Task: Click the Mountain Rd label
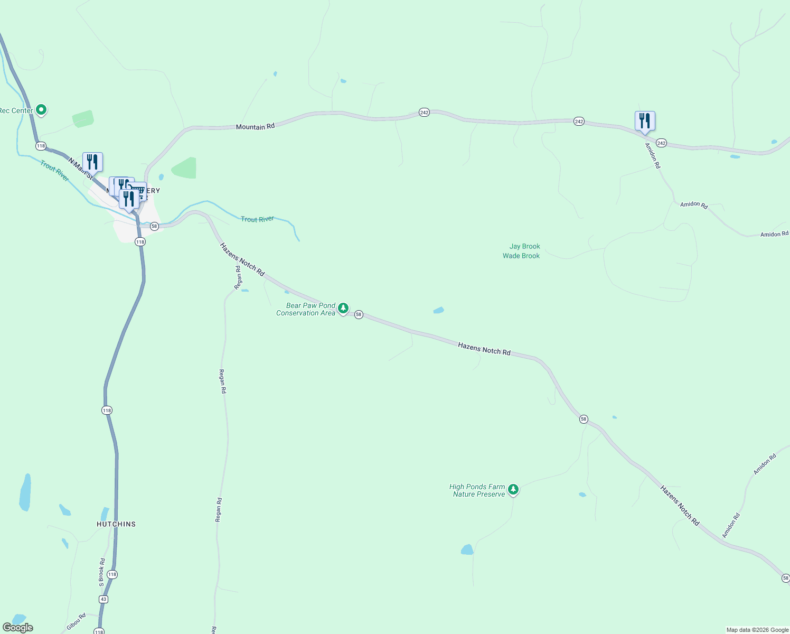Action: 255,127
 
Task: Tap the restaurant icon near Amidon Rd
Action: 644,121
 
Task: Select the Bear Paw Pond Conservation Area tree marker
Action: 343,308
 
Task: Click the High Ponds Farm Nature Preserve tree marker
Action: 513,490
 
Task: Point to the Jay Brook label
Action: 524,246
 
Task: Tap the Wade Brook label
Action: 521,256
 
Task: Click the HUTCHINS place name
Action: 116,524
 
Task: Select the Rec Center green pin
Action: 41,110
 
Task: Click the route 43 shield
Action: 104,599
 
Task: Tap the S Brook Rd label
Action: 102,572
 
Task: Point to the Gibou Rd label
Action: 76,622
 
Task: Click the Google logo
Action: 18,628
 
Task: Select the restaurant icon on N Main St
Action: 92,162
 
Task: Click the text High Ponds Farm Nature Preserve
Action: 478,490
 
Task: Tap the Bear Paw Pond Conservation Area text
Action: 306,309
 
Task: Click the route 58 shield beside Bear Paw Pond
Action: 359,314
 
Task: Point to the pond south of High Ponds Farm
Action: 467,549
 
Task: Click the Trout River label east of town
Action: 257,219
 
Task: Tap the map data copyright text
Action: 757,630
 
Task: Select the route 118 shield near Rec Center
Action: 41,146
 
